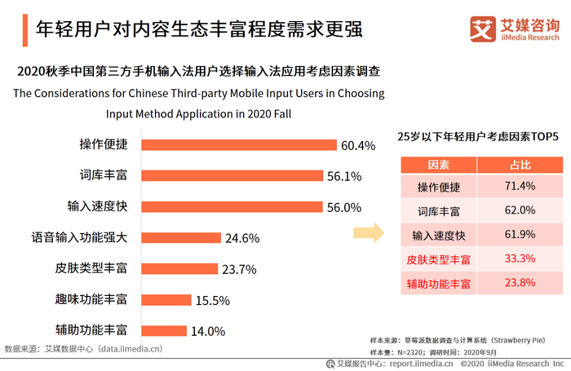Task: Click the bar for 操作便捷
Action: click(x=227, y=145)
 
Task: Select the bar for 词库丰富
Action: click(x=220, y=176)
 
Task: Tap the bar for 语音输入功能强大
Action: click(x=180, y=238)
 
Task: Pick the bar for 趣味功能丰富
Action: click(x=166, y=300)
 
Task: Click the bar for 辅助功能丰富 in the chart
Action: click(x=164, y=331)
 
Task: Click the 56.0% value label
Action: click(x=343, y=207)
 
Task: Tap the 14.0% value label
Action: click(x=207, y=331)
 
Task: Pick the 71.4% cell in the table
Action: click(x=520, y=187)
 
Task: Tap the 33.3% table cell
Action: click(x=520, y=259)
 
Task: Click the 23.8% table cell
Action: click(x=520, y=284)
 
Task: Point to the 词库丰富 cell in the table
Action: click(x=439, y=211)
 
